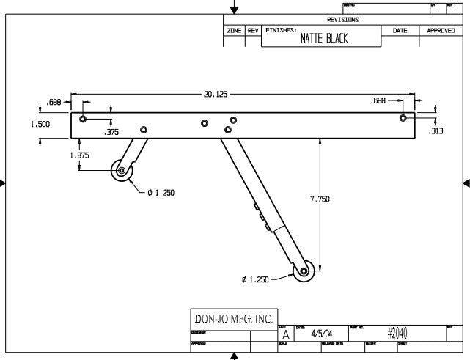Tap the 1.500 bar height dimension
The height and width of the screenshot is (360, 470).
pyautogui.click(x=40, y=125)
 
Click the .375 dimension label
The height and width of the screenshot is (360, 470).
pyautogui.click(x=111, y=133)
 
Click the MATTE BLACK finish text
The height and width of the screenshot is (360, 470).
pyautogui.click(x=324, y=40)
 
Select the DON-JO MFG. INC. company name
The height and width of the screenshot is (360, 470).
pyautogui.click(x=233, y=320)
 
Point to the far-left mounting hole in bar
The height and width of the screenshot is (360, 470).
pyautogui.click(x=83, y=118)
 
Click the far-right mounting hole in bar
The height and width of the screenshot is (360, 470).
pyautogui.click(x=403, y=117)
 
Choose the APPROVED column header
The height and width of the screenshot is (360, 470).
pyautogui.click(x=441, y=31)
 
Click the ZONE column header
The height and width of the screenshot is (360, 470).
pyautogui.click(x=235, y=31)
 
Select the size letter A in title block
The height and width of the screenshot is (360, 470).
pyautogui.click(x=285, y=335)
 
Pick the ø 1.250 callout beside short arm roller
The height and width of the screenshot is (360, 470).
pyautogui.click(x=161, y=193)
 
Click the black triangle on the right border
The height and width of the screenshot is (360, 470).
pyautogui.click(x=466, y=183)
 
